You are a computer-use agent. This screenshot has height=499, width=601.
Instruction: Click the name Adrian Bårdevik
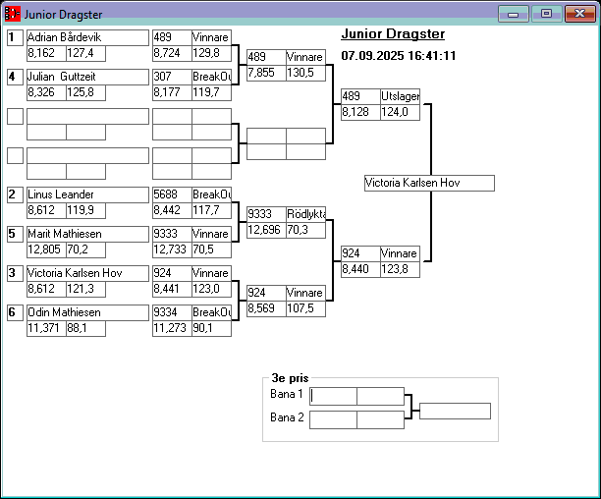coord(86,37)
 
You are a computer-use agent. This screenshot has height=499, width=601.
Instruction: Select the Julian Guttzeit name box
coord(86,77)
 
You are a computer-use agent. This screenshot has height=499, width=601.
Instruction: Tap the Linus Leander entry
coord(86,194)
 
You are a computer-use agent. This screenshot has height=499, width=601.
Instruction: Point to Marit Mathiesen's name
coord(86,234)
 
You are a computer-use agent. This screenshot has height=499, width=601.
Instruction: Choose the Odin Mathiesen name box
coord(86,312)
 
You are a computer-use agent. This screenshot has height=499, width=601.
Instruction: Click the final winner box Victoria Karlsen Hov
coord(428,184)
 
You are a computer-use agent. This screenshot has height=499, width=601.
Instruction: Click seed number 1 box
coord(15,37)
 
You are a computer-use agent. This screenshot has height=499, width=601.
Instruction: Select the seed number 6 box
coord(15,312)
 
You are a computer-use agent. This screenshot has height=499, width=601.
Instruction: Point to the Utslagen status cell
coord(400,96)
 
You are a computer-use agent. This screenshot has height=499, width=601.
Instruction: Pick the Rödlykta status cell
coord(304,214)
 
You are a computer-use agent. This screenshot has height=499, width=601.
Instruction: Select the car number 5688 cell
coord(171,194)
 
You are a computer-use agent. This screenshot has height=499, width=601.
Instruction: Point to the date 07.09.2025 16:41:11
coord(398,56)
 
